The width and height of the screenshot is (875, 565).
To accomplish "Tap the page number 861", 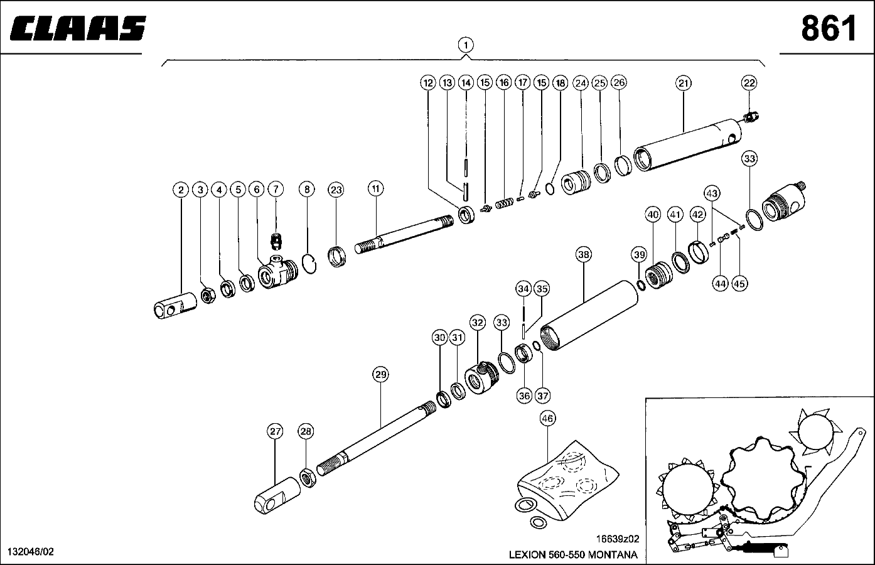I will pyautogui.click(x=828, y=28).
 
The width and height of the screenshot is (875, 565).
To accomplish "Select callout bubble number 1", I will pyautogui.click(x=465, y=45).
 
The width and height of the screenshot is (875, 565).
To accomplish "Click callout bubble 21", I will pyautogui.click(x=684, y=82).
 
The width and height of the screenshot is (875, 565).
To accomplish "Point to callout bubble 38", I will pyautogui.click(x=584, y=254).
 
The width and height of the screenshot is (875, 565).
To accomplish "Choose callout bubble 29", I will pyautogui.click(x=380, y=375).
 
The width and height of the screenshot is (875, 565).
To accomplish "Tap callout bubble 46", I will pyautogui.click(x=547, y=418).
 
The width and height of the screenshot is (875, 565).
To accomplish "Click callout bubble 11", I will pyautogui.click(x=375, y=188).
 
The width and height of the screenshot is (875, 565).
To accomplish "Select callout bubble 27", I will pyautogui.click(x=275, y=431).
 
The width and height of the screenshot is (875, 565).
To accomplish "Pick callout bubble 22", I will pyautogui.click(x=749, y=82).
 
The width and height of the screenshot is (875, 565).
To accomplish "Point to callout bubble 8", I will pyautogui.click(x=306, y=189).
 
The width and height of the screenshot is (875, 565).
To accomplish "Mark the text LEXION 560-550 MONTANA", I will pyautogui.click(x=572, y=554).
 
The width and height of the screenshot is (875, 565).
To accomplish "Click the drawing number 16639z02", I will pyautogui.click(x=618, y=539).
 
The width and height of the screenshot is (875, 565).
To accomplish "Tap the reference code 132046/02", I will pyautogui.click(x=30, y=552).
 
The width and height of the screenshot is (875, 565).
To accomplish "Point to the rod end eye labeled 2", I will pyautogui.click(x=176, y=307).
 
